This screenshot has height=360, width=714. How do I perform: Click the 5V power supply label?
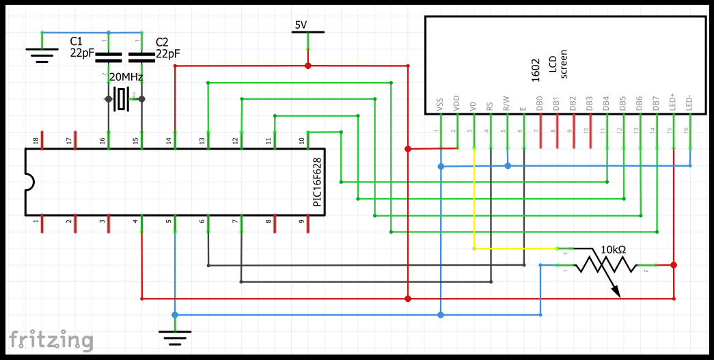[301, 25]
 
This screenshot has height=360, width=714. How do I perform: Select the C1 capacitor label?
[77, 42]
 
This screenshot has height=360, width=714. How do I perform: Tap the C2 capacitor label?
[162, 42]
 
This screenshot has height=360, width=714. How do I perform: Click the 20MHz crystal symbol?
[123, 100]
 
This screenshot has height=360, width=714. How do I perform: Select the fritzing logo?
[51, 340]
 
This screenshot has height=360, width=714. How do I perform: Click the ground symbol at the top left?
[42, 53]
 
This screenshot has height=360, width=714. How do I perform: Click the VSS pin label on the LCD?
[439, 105]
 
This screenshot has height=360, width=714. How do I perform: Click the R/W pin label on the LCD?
[506, 103]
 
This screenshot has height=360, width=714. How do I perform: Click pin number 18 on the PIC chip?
[36, 141]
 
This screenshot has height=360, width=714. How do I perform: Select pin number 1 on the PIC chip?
[36, 221]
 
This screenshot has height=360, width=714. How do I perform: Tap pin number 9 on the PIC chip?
[301, 221]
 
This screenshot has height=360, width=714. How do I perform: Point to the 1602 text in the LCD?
[536, 70]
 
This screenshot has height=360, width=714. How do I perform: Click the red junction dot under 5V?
[307, 66]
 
